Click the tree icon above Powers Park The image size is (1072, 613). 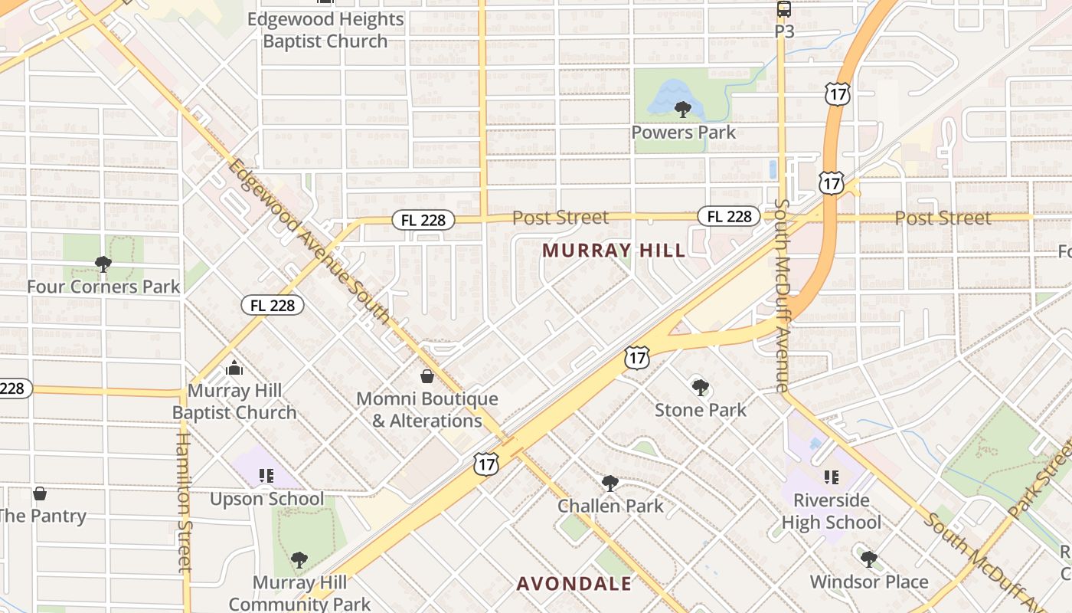(683, 110)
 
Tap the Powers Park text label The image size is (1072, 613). (683, 133)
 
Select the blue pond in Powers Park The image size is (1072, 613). (666, 96)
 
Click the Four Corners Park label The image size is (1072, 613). (103, 287)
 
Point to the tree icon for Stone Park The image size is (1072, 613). (700, 388)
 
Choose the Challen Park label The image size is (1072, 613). (610, 506)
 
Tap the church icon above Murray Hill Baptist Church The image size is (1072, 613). (234, 369)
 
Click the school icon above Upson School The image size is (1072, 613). (266, 477)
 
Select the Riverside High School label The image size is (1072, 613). (832, 511)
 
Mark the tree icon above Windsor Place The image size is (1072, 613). (868, 559)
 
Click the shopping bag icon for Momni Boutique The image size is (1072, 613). (427, 376)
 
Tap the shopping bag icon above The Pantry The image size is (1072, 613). (40, 493)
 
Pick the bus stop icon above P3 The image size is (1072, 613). (783, 9)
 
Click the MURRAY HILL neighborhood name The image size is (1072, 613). (614, 250)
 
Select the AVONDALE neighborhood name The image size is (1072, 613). (574, 584)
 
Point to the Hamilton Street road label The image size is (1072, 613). (184, 502)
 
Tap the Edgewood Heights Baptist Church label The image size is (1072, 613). (325, 30)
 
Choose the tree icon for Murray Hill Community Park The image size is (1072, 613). (299, 560)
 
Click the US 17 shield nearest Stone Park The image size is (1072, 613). (637, 356)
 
